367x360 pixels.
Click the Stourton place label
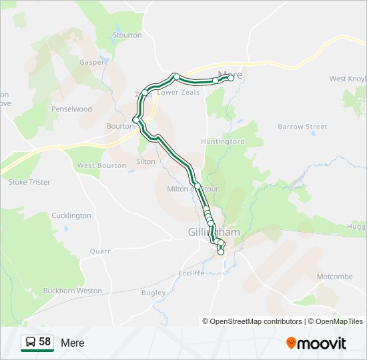click(x=127, y=35)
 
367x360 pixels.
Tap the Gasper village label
click(x=92, y=62)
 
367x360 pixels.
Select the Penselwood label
click(x=71, y=109)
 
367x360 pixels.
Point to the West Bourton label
click(x=101, y=165)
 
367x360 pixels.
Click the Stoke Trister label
click(x=29, y=182)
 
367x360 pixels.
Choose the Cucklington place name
click(x=71, y=215)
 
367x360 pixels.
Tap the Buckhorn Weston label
click(x=72, y=291)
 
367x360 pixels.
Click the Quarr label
click(x=99, y=251)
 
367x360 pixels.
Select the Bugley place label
click(x=153, y=293)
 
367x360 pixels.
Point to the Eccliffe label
click(x=191, y=273)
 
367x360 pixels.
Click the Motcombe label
click(x=334, y=276)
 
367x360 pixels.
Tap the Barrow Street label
click(x=302, y=127)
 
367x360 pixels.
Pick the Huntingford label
click(x=223, y=141)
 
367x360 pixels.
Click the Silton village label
click(x=145, y=161)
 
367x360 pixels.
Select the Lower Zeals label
click(x=178, y=92)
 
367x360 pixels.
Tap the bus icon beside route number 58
click(x=30, y=343)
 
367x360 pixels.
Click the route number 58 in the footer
click(x=45, y=342)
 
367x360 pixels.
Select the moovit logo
click(x=316, y=343)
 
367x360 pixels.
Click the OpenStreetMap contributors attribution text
click(x=256, y=321)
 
